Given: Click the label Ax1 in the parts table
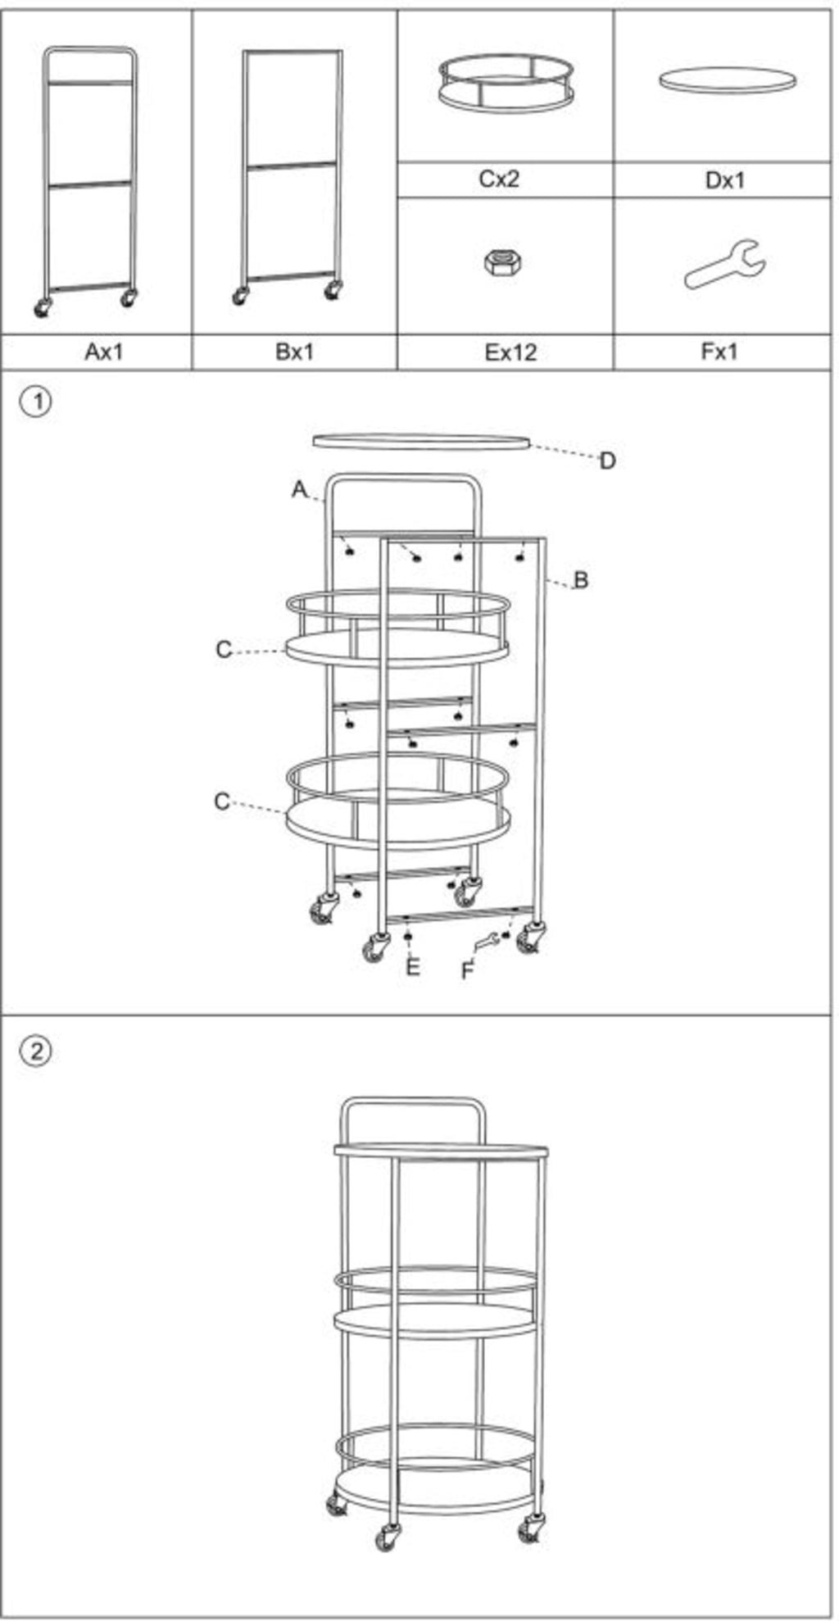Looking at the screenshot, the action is pos(103,352).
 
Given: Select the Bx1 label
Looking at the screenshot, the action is pos(294,352).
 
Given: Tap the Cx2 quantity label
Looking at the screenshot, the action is pos(499,179).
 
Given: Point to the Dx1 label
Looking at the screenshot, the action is pos(725,179).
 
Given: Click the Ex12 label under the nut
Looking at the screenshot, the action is pos(510,352).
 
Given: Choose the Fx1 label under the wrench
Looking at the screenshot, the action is pos(719,352).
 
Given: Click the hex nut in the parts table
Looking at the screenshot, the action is pos(502,263).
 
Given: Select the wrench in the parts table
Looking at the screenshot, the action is pos(725,265).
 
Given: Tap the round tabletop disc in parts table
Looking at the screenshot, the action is pos(728,79).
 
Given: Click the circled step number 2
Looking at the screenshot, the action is pos(36,1051).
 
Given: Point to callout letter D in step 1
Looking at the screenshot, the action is pos(607,461).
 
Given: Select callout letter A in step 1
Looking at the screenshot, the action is pos(300,489).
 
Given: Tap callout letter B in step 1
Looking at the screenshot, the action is pos(581,580).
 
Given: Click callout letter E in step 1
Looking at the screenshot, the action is pos(413,968).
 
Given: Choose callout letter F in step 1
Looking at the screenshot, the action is pos(468,971).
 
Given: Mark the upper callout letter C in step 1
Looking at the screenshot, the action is pos(224,650).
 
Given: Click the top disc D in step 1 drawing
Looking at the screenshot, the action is pos(421,443).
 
